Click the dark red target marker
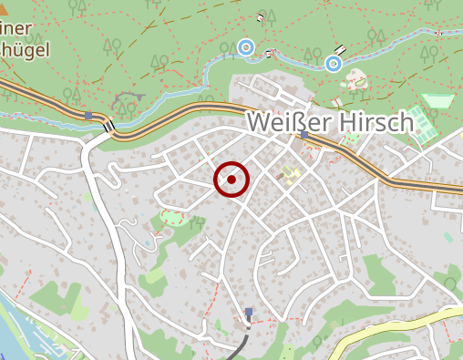pos(231,180)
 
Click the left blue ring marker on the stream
pos(245,46)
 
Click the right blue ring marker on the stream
pos(334,63)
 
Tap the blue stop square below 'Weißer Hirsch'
pos(304,135)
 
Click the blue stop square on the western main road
pos(88,116)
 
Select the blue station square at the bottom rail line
pos(248,312)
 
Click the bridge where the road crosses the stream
pos(108,126)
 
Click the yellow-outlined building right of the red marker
pos(290,173)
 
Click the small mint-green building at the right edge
pos(448,237)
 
